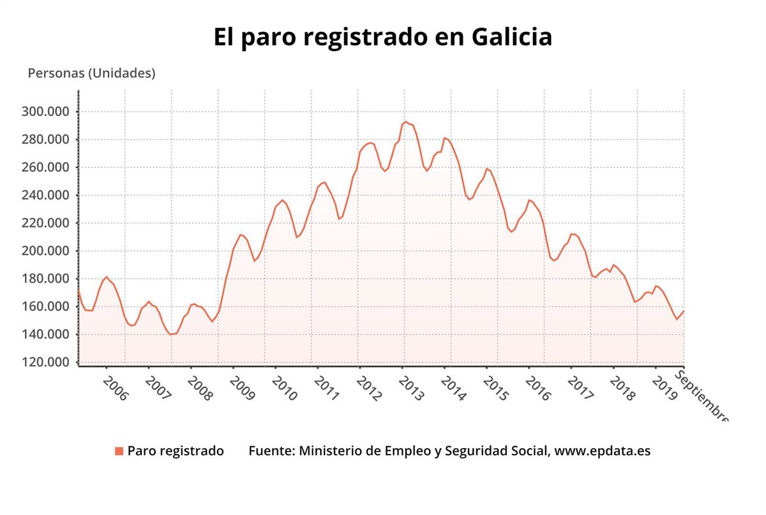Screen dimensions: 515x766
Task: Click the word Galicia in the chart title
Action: pos(511,36)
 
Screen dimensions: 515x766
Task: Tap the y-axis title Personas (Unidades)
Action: pos(91,73)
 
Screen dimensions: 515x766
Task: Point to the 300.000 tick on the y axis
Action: pos(46,112)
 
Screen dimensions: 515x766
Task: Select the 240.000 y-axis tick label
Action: pos(46,196)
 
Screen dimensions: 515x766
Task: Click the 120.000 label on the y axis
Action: pos(46,363)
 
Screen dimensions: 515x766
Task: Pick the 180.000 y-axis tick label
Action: pos(46,279)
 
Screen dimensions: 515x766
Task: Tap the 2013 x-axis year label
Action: pos(410,388)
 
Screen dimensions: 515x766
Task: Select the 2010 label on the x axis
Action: pos(284,388)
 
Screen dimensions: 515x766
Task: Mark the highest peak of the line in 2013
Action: pos(405,122)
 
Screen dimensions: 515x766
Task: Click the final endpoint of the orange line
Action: pos(684,311)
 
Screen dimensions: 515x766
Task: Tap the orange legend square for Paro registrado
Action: pos(119,451)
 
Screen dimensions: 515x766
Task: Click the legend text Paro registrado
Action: pos(176,451)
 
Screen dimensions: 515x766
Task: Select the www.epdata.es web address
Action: pos(602,451)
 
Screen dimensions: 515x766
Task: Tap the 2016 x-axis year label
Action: pos(537,388)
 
